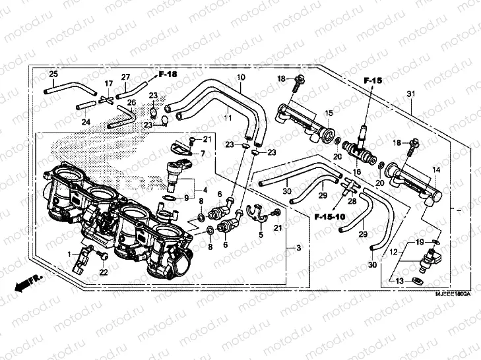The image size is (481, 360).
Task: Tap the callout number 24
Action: point(86,122)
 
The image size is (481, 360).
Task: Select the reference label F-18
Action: point(168,75)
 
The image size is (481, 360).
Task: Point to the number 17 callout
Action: point(109,84)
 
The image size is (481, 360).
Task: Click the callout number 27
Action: point(125,77)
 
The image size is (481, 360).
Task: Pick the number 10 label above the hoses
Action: point(241,78)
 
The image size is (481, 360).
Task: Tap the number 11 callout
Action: point(227,117)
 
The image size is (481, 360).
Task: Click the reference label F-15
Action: point(373,80)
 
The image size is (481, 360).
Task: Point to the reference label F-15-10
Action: point(328,216)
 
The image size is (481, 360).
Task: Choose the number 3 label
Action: point(298,248)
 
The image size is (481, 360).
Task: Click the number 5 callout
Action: point(261,235)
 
